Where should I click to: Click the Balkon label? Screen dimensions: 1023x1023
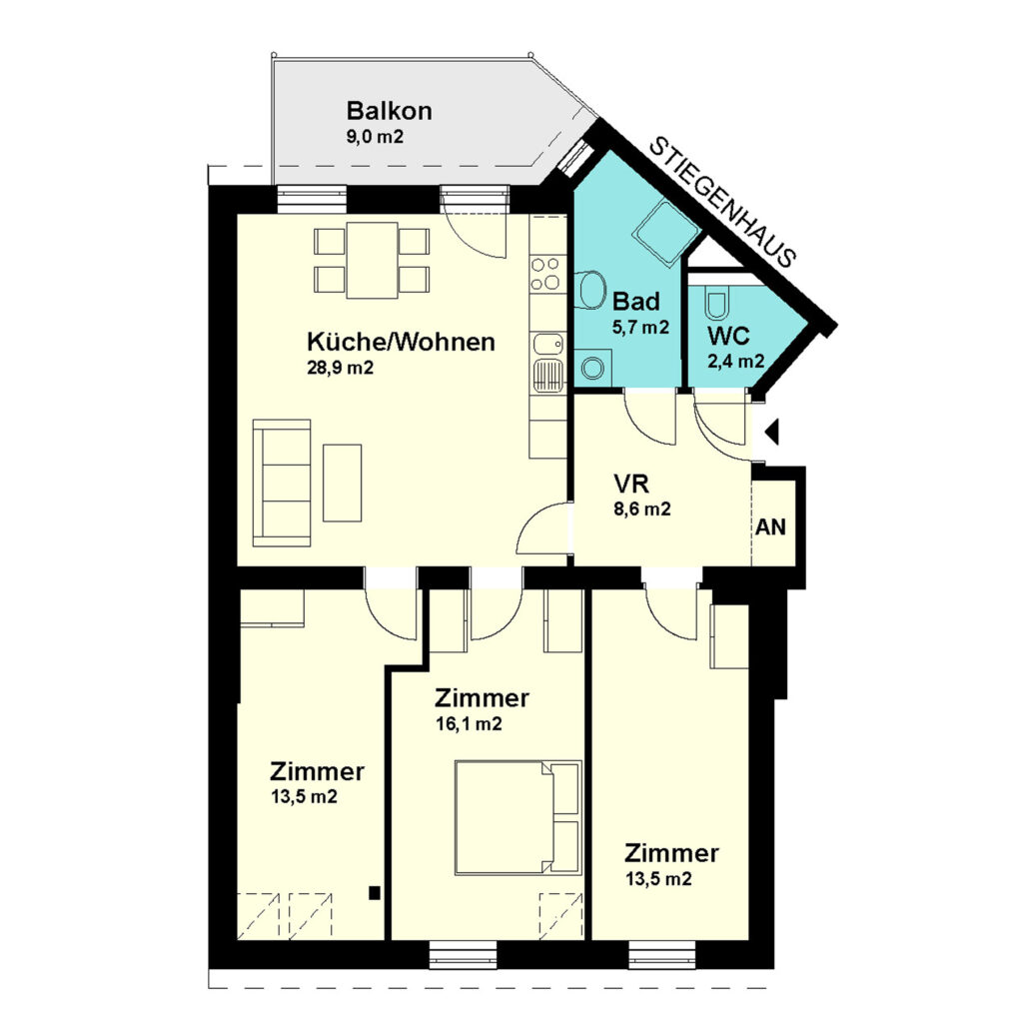(x=389, y=111)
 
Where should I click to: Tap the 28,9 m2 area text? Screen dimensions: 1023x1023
(x=340, y=368)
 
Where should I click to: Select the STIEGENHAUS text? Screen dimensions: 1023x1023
(x=724, y=202)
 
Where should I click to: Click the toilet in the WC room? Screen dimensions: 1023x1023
(x=715, y=304)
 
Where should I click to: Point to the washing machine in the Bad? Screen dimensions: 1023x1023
(x=593, y=368)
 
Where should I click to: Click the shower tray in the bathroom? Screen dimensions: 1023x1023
(x=666, y=233)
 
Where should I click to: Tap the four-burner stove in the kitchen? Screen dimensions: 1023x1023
(x=544, y=274)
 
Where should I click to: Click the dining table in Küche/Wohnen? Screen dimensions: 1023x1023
(x=372, y=260)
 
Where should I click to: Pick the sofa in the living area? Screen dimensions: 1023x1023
(x=282, y=483)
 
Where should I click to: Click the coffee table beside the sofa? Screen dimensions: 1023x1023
(x=343, y=483)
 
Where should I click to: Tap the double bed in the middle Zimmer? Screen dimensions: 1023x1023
(x=517, y=817)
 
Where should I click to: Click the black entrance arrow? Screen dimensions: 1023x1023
(x=772, y=432)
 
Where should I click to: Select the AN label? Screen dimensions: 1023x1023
(x=770, y=527)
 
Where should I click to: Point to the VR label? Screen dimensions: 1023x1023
(x=631, y=485)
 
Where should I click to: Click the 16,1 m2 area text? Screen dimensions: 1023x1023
(x=469, y=724)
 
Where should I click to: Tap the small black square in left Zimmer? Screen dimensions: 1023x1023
(x=375, y=893)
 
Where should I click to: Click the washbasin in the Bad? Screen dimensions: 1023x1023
(x=591, y=289)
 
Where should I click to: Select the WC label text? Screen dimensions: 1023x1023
(x=728, y=336)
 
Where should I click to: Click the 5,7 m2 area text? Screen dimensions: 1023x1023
(x=640, y=327)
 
